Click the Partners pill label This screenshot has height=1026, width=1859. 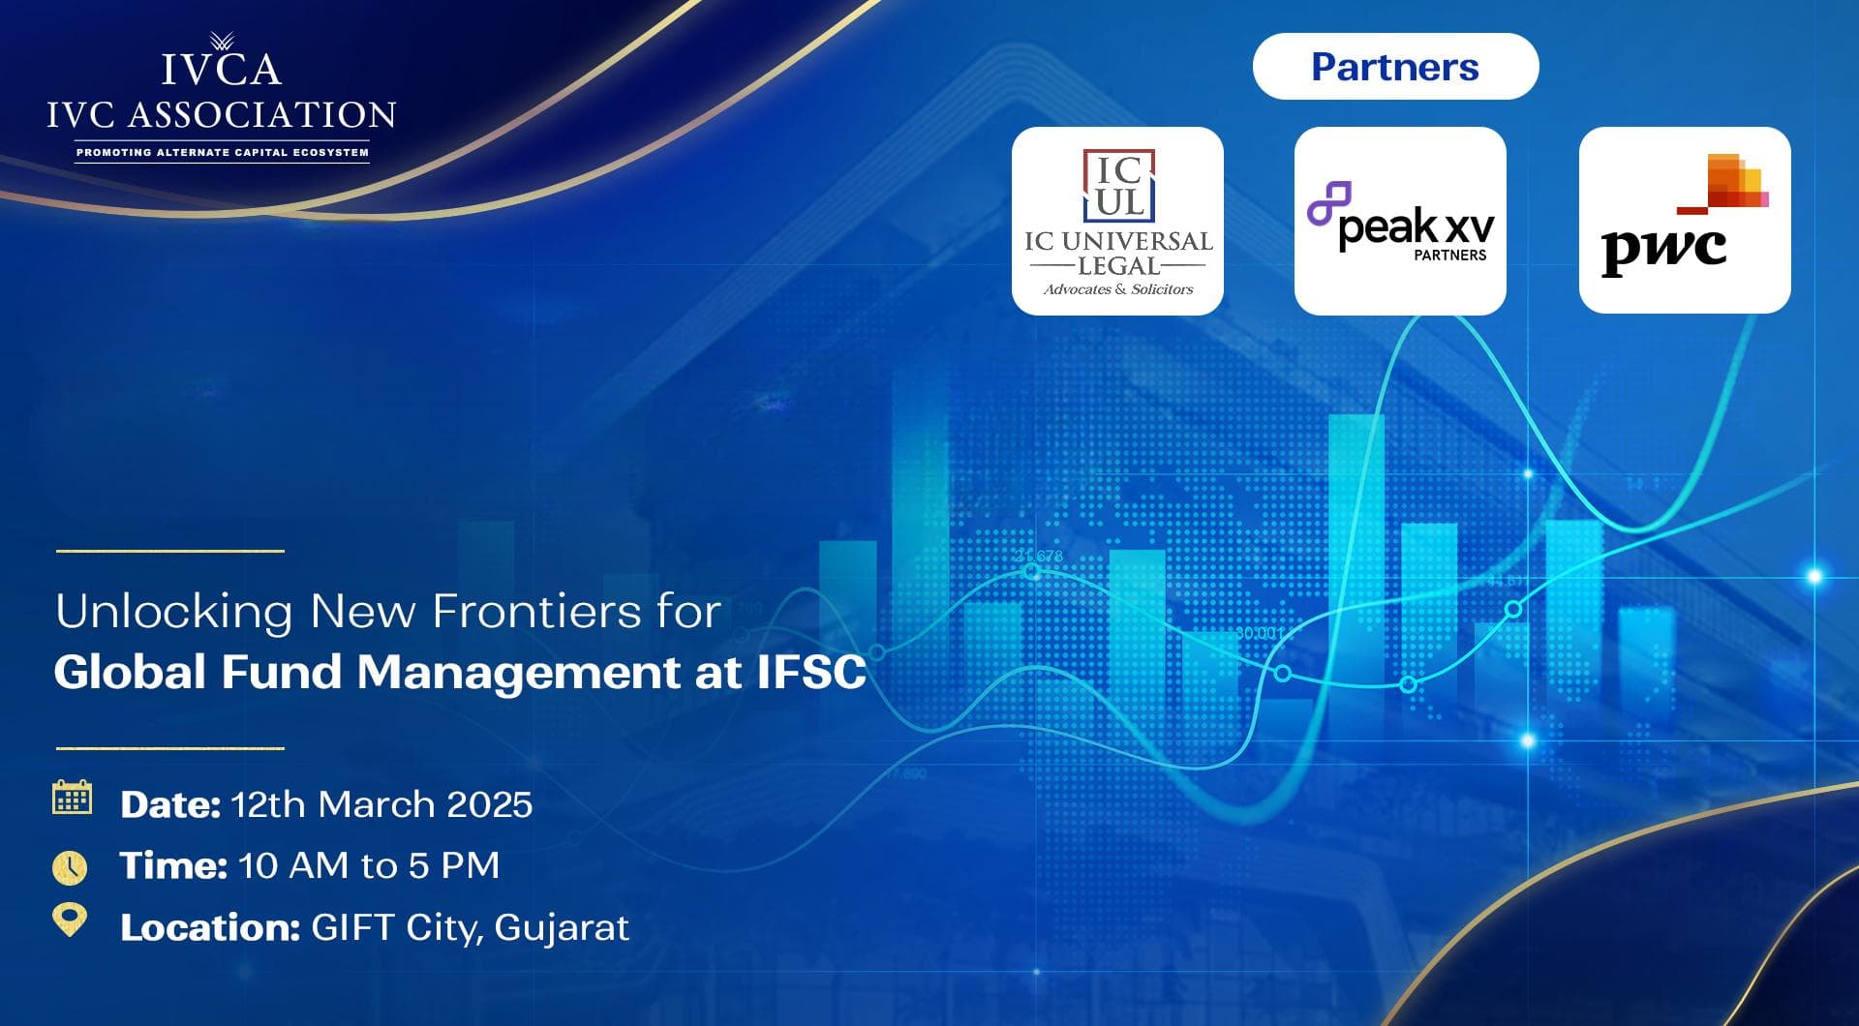[1395, 67]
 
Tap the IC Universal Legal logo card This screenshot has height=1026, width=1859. [1117, 221]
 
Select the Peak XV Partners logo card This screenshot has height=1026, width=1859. [1400, 221]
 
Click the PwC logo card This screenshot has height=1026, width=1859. [1685, 220]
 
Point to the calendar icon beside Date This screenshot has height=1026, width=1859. [72, 798]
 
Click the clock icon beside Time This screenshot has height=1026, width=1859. [70, 867]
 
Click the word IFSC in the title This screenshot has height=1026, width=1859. [811, 672]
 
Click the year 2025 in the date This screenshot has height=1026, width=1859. [490, 804]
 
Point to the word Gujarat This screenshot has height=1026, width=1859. [562, 928]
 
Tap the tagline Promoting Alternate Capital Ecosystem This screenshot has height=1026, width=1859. [223, 152]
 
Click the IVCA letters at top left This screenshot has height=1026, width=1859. [222, 69]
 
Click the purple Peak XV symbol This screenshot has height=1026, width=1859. [1328, 203]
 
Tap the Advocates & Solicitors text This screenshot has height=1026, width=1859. [1118, 289]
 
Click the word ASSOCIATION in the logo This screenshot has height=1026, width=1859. [262, 115]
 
